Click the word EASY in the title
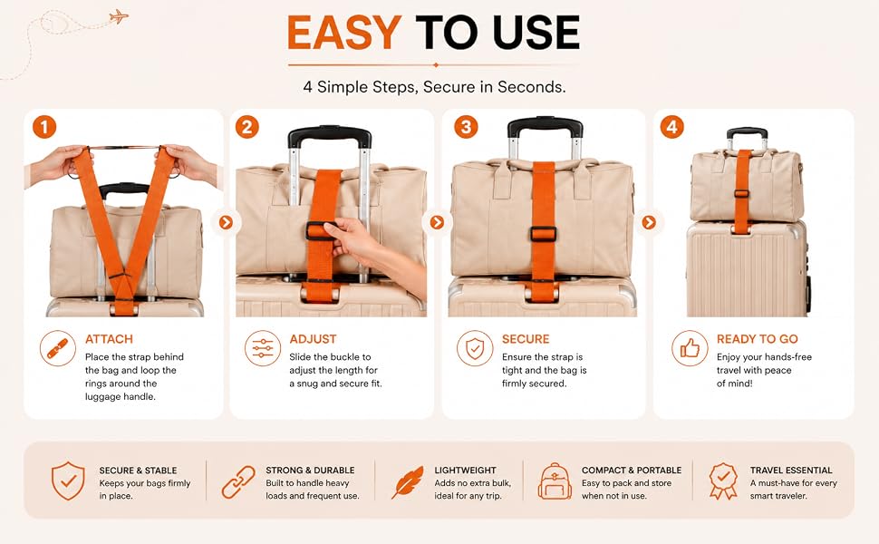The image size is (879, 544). [x=344, y=33]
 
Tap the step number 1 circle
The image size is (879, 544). [x=44, y=127]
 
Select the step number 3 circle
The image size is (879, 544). [x=466, y=127]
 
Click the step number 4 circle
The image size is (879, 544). [x=672, y=127]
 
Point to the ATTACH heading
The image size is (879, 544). [x=109, y=339]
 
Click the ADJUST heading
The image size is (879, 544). [x=313, y=339]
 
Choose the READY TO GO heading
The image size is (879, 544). [x=757, y=339]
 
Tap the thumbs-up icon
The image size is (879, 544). [x=690, y=348]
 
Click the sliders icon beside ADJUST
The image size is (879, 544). [x=263, y=348]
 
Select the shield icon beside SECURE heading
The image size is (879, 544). [x=475, y=348]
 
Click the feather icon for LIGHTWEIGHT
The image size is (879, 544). [x=407, y=481]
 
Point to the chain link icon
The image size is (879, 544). [x=238, y=481]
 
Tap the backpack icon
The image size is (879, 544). [x=555, y=481]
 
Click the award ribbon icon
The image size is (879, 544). [x=723, y=481]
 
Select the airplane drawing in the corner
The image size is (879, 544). [x=119, y=16]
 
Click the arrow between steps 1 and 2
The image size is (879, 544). [x=226, y=223]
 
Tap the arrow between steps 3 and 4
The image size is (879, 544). [x=649, y=223]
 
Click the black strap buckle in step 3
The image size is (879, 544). [x=543, y=234]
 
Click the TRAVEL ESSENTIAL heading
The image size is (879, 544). [x=791, y=470]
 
